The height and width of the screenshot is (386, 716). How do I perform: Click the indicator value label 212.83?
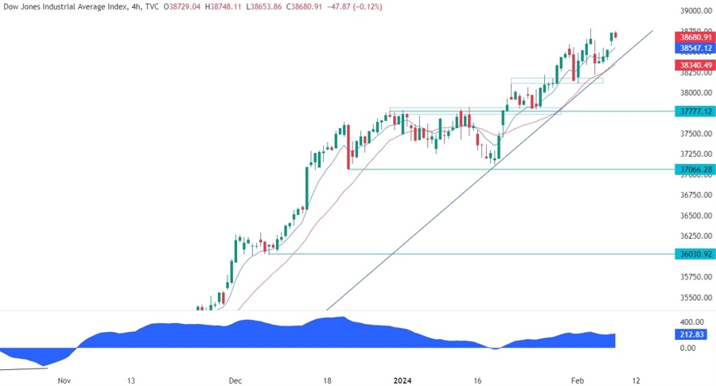(x=689, y=335)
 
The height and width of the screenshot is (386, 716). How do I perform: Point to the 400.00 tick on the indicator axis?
(x=687, y=320)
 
